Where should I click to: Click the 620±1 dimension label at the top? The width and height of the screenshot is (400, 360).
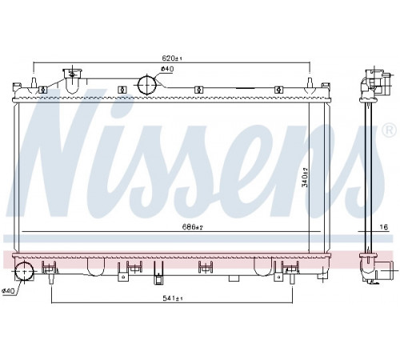point(172,58)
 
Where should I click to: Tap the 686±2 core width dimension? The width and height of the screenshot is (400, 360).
point(193,227)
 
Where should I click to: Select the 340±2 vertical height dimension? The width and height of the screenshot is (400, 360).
point(305,178)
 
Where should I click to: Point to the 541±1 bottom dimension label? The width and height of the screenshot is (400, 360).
point(173,298)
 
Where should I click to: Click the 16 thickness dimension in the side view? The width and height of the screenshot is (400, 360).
point(383,227)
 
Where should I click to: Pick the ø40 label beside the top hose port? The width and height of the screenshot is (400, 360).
point(167,69)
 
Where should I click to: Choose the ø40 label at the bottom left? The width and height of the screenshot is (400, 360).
point(8,291)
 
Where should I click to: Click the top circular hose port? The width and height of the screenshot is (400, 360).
point(146,84)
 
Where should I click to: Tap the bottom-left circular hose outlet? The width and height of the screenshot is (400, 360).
point(24,271)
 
